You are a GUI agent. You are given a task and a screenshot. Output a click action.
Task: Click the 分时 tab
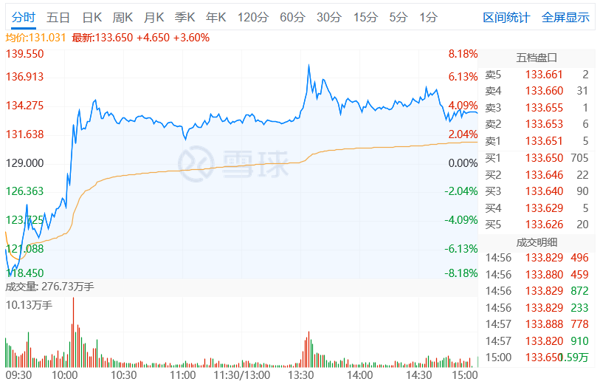23,17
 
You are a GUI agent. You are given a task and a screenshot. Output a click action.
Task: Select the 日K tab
92,17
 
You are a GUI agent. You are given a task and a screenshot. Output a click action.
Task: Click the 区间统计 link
506,17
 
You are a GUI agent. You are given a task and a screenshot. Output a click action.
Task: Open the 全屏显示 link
565,17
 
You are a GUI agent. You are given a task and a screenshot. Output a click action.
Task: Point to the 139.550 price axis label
25,54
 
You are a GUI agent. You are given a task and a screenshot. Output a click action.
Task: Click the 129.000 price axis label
25,162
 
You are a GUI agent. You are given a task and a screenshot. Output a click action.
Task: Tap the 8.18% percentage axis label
463,54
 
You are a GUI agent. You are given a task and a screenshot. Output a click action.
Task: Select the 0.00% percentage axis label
463,162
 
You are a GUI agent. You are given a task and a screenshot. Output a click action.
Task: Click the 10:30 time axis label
123,375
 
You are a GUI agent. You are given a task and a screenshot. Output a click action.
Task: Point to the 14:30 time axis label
418,375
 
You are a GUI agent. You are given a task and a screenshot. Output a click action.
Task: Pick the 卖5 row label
493,75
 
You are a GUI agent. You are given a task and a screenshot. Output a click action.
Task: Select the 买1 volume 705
579,158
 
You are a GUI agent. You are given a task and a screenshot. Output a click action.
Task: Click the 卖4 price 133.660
544,91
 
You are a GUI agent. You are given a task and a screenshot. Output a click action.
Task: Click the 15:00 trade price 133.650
544,357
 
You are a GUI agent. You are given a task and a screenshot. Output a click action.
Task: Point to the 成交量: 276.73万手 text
49,287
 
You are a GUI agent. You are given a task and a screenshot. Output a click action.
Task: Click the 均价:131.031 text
36,37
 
